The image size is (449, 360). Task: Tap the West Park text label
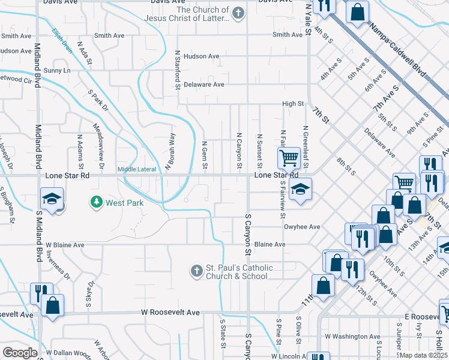(x=124, y=203)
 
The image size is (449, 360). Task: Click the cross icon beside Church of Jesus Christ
(x=238, y=13)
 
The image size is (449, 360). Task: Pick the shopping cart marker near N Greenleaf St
(x=289, y=158)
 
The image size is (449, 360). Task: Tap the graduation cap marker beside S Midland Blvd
(x=52, y=199)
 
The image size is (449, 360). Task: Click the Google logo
(x=19, y=353)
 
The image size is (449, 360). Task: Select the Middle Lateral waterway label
(x=136, y=169)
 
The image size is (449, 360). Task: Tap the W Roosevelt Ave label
(x=170, y=313)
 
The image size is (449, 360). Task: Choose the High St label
(x=293, y=104)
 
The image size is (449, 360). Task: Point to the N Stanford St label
(x=178, y=68)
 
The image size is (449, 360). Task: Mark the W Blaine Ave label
(x=65, y=245)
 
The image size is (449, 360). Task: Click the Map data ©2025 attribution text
(x=423, y=355)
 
